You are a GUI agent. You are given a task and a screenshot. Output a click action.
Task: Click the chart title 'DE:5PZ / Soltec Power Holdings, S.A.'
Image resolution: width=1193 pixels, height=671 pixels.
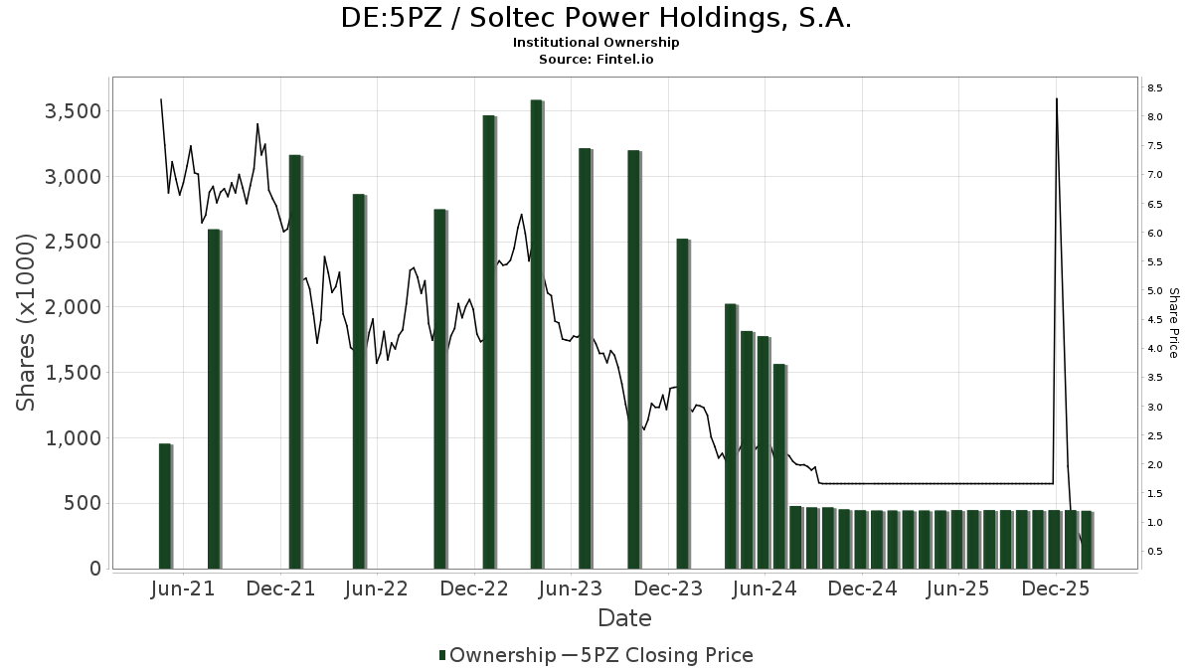(596, 18)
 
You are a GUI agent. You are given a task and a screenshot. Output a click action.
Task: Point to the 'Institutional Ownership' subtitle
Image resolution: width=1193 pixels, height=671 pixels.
(596, 43)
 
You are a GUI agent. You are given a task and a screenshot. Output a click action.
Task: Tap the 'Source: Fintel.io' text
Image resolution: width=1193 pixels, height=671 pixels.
(596, 60)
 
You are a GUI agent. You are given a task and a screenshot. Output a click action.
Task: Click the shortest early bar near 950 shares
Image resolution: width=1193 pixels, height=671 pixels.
(165, 506)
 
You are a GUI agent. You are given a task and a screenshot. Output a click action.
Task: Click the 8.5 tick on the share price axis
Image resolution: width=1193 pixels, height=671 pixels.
(1154, 88)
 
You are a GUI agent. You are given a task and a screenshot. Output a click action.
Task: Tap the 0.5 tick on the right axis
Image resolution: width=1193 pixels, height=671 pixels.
(1154, 552)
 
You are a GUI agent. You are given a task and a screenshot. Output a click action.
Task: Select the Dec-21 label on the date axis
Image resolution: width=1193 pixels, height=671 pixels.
(281, 588)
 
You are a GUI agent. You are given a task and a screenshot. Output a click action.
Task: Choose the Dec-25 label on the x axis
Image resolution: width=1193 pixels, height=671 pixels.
(1056, 588)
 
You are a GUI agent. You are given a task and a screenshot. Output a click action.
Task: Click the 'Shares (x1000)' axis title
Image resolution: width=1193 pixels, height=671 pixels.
(27, 323)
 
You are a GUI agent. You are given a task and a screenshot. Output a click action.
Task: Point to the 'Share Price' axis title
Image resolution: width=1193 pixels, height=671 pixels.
(1173, 323)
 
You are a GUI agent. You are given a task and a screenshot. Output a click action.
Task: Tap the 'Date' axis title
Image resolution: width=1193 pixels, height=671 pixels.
(624, 618)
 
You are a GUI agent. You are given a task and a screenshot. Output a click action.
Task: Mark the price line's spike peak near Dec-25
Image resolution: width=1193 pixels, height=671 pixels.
(1056, 98)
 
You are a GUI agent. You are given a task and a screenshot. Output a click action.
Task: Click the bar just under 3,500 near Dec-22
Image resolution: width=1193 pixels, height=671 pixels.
(488, 342)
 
